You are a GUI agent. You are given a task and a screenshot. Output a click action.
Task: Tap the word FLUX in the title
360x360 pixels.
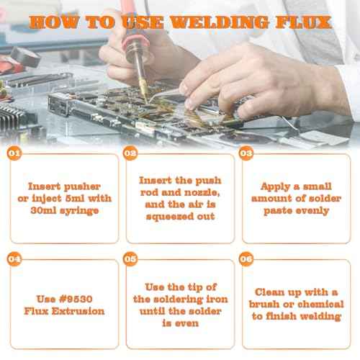pyautogui.click(x=302, y=21)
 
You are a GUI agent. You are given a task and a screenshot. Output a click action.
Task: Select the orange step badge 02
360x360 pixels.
pyautogui.click(x=130, y=153)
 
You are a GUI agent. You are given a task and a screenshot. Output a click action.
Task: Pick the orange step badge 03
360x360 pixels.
pyautogui.click(x=246, y=153)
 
